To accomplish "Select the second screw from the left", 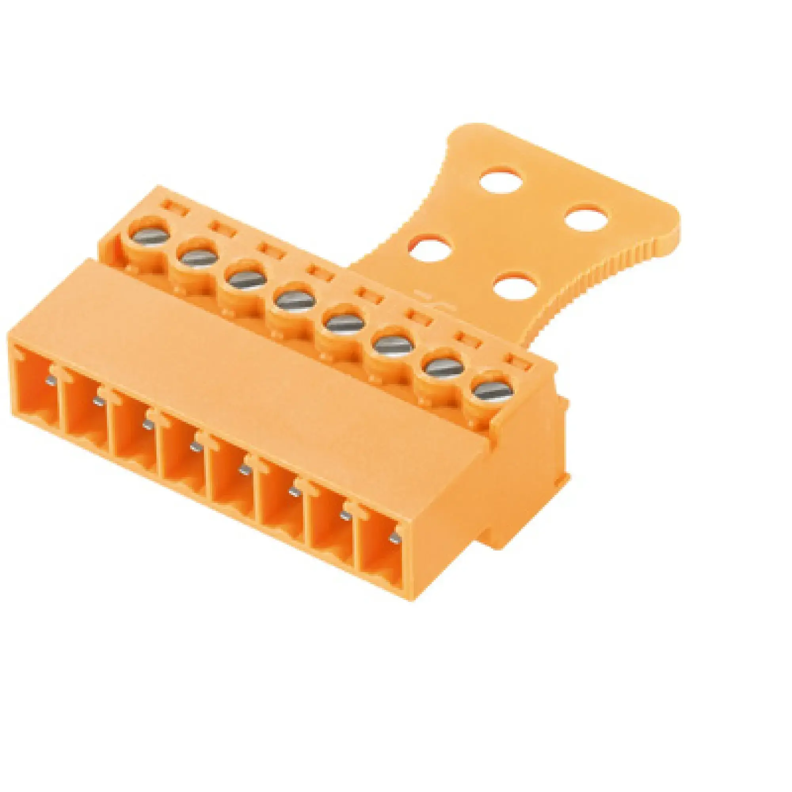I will pos(198,258).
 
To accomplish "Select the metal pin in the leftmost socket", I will pos(50,381).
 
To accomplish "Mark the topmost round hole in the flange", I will pos(501,180).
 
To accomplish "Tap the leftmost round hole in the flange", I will pos(430,249).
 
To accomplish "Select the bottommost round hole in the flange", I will pos(515,285).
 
